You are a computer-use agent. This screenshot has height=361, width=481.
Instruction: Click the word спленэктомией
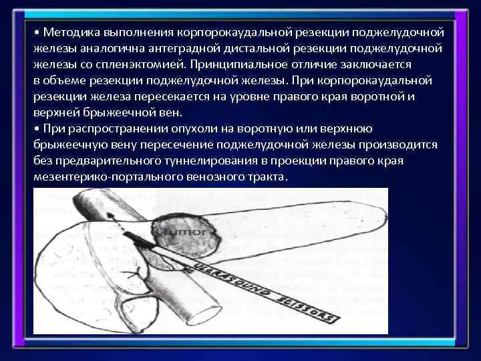pos(143,64)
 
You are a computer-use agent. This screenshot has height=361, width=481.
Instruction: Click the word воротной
pos(371,96)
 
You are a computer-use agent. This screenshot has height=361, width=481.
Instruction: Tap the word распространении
pos(107,128)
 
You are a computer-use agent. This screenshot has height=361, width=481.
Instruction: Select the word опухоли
pos(179,128)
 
